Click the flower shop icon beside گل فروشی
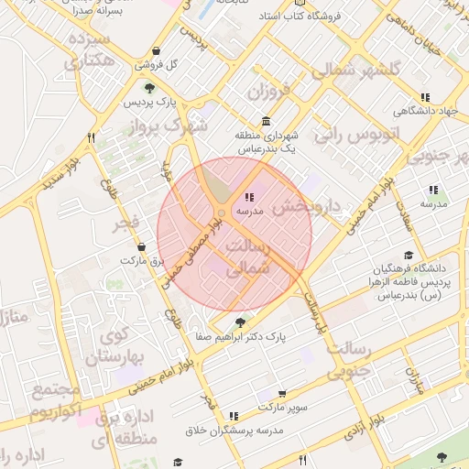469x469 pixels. tap(158, 50)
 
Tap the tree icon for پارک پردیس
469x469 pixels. tap(136, 87)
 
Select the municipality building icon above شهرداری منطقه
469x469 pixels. tap(266, 122)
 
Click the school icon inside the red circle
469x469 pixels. tap(248, 197)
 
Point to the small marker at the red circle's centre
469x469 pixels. tap(222, 213)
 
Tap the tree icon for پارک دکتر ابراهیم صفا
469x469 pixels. tap(240, 322)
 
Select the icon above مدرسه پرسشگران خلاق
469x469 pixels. tap(234, 416)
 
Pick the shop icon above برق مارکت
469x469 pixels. tap(141, 246)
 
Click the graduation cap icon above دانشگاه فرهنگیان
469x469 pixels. tap(408, 255)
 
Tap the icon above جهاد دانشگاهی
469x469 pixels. tap(425, 97)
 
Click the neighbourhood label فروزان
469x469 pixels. tap(267, 93)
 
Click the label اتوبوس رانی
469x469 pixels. tap(358, 135)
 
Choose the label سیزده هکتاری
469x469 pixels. tap(88, 50)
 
